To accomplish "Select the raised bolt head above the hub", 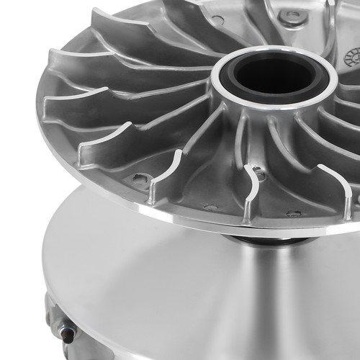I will [291, 15].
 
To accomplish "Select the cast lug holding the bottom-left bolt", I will [58, 317].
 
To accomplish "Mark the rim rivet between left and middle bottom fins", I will [210, 207].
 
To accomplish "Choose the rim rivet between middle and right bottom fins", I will [293, 214].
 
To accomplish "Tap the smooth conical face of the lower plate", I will [180, 288].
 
